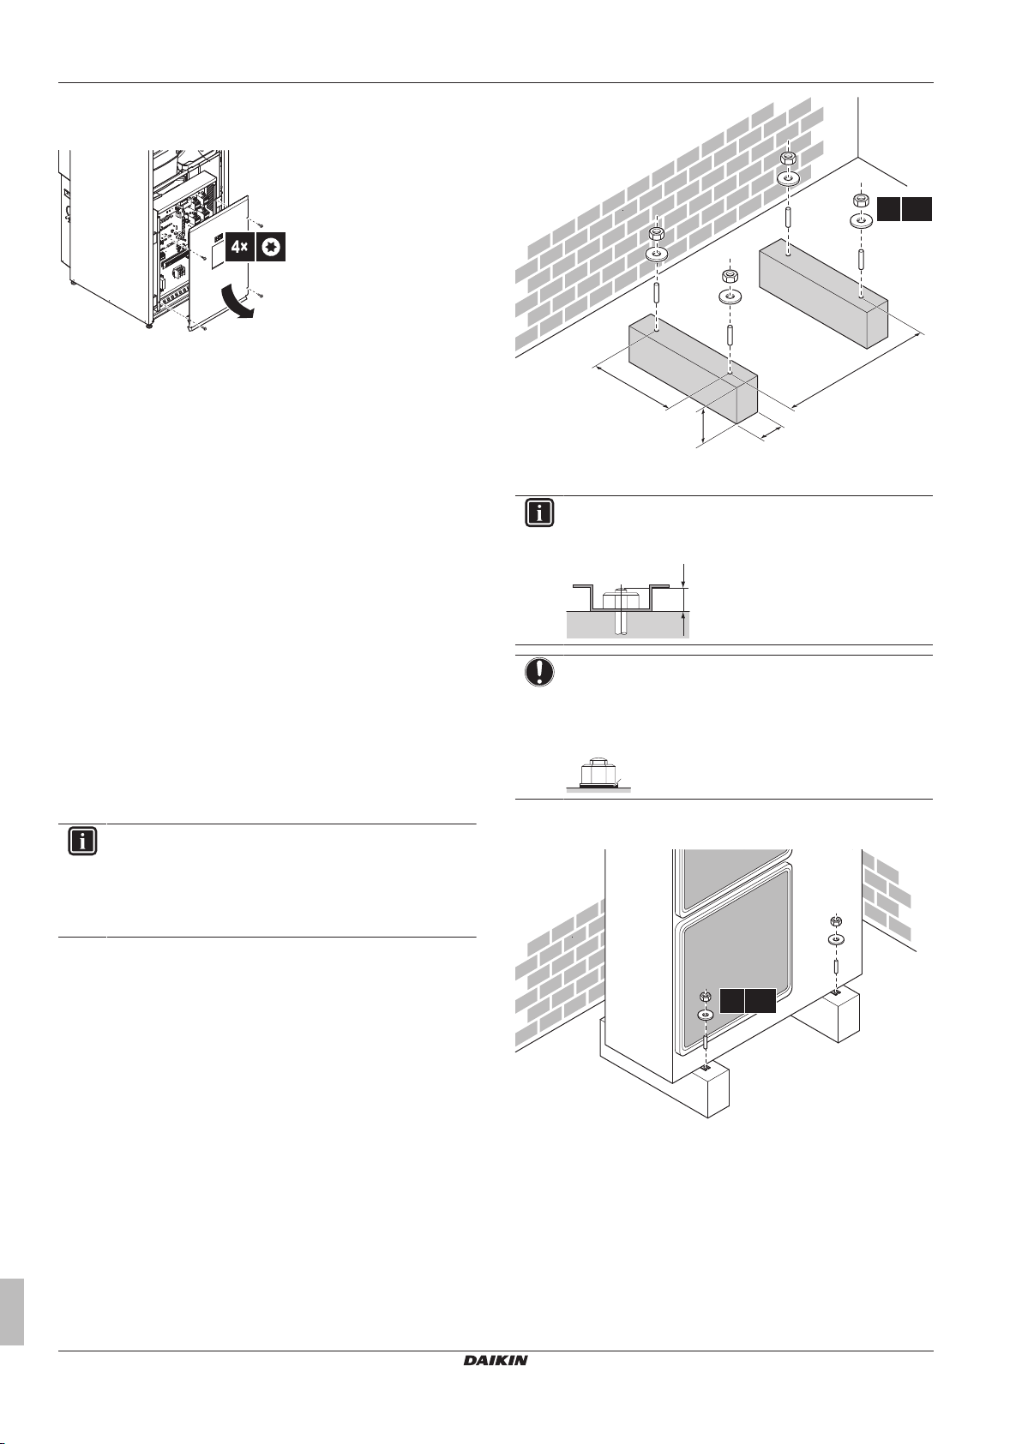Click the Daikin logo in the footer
tap(496, 1359)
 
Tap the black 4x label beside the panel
tap(238, 249)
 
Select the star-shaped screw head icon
tap(271, 249)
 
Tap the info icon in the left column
tap(82, 842)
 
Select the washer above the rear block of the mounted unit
tap(835, 939)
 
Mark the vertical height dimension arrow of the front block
tap(703, 426)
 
